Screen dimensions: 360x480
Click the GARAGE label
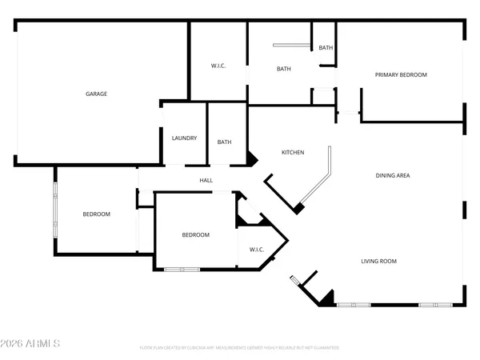[x=96, y=94]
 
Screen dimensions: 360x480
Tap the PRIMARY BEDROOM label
[x=401, y=74]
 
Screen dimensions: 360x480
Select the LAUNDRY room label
[x=184, y=138]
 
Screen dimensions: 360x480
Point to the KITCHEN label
[x=292, y=152]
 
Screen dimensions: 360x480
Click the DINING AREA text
[x=393, y=175]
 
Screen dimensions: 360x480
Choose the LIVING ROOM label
[x=378, y=261]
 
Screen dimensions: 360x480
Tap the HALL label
[x=206, y=181]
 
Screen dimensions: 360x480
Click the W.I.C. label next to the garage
[x=218, y=66]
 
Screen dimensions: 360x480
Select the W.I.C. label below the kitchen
[x=257, y=250]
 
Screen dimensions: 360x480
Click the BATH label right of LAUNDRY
[x=225, y=142]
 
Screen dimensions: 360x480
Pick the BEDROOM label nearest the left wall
[x=96, y=214]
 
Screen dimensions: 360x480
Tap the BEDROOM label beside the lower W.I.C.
[x=195, y=234]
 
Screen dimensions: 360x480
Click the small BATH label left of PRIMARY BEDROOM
[x=326, y=48]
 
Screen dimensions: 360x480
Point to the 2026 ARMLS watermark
[x=31, y=344]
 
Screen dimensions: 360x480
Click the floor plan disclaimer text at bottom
[x=240, y=348]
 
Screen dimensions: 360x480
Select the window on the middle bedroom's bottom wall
[x=181, y=270]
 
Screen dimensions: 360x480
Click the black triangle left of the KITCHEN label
[x=251, y=159]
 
